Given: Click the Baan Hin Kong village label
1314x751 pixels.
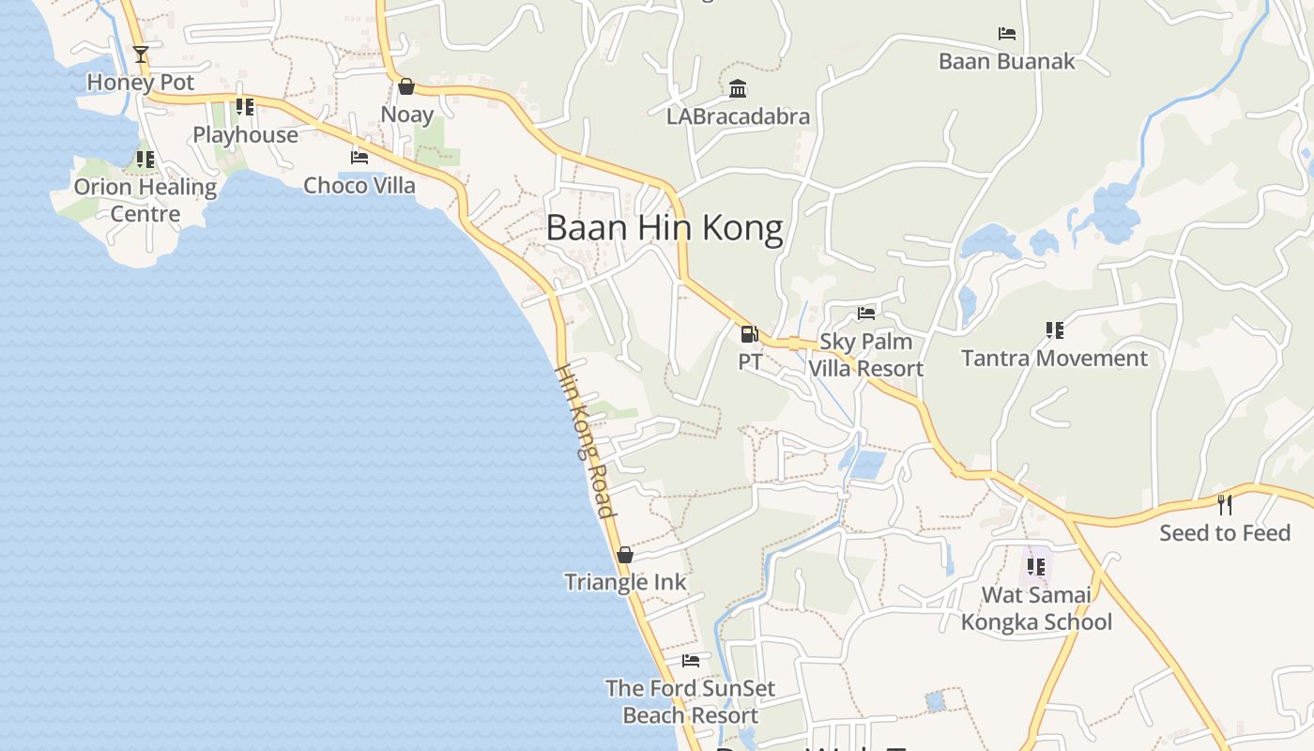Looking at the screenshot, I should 664,228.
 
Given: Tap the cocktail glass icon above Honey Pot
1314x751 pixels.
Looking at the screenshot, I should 141,54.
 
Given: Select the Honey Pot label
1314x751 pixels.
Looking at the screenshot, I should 141,83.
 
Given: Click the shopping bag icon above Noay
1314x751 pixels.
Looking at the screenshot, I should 406,86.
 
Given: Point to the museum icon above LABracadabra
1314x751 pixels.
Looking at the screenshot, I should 738,89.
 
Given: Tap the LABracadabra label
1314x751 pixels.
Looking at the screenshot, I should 738,117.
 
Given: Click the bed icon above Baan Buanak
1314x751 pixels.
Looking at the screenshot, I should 1007,34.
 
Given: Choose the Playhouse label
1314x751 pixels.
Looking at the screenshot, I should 245,135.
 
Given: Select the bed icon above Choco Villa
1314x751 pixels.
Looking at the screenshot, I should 359,158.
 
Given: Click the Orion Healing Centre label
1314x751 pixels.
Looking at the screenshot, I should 145,200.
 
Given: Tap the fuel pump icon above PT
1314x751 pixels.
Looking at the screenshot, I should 749,333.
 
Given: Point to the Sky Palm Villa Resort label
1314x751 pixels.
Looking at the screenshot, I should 865,355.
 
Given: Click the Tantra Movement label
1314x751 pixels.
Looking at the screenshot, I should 1054,359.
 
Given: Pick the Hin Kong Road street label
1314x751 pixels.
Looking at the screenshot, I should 586,439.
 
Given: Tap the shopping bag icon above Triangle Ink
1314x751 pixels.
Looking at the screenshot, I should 625,555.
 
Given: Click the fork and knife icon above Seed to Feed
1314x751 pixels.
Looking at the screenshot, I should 1225,505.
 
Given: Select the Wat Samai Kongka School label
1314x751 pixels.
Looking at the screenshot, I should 1036,608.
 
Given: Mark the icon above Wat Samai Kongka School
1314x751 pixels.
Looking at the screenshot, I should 1036,566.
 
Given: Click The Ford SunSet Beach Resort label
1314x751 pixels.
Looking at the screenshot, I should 690,701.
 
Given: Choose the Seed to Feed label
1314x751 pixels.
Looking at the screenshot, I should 1225,533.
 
